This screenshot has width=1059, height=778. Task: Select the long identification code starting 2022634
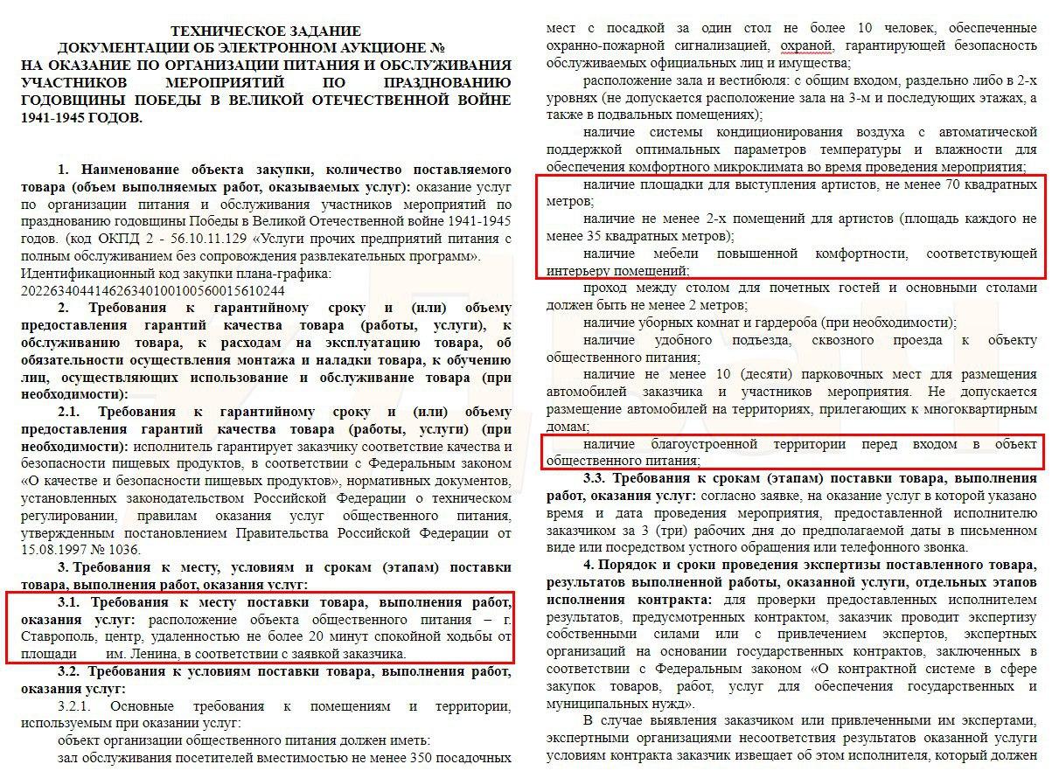(151, 290)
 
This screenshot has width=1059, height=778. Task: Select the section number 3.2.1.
(77, 705)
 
